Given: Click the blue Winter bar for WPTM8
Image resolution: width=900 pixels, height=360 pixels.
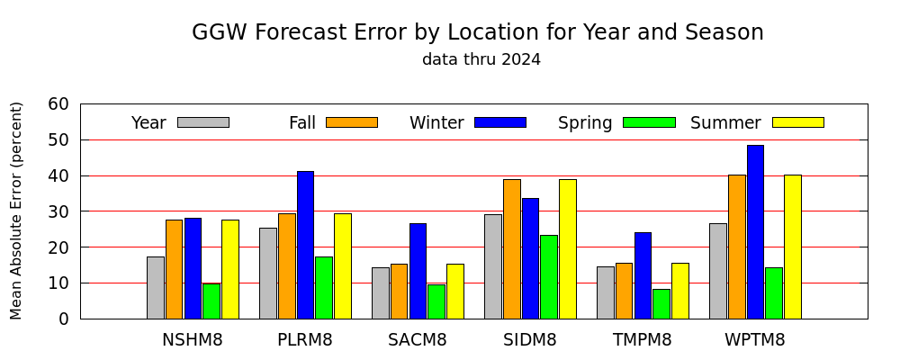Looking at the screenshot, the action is (x=755, y=232).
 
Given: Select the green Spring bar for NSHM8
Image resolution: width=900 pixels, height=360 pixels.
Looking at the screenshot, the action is (x=211, y=301).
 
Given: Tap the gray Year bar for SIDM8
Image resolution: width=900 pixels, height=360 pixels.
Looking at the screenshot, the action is (x=493, y=266).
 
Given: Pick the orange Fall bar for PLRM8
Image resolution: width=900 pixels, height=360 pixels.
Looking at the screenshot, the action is (x=287, y=265).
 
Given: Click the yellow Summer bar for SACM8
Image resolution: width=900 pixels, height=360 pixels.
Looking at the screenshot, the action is (x=455, y=291).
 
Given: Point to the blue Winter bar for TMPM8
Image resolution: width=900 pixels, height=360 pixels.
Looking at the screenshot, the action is (x=643, y=275).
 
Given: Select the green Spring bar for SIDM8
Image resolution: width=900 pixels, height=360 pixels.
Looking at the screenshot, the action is (x=549, y=276).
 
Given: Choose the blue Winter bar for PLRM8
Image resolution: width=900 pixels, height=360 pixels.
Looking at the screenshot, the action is (x=305, y=245).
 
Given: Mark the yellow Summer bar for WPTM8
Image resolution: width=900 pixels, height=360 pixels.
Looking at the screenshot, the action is (x=793, y=247).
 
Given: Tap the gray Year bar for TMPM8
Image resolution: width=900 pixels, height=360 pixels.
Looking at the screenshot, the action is (x=606, y=292).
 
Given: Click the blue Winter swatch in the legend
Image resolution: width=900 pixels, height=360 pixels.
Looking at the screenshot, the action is (x=500, y=122).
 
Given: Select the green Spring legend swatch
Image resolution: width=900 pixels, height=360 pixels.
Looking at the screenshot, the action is (x=649, y=122).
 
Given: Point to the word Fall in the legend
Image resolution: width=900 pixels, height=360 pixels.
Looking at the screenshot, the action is (x=302, y=123).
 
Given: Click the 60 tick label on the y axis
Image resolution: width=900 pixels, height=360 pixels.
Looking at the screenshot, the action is (x=58, y=104).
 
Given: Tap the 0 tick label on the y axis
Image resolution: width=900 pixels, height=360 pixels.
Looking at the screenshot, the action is (x=64, y=319).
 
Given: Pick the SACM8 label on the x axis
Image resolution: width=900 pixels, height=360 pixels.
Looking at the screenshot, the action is (x=418, y=340).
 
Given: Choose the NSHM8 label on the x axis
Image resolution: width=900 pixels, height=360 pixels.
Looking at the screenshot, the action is (x=193, y=340).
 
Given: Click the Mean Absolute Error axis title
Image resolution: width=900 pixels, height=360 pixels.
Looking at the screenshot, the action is (x=16, y=211).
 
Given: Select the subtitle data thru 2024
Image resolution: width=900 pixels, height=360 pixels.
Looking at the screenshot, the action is (x=481, y=59).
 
